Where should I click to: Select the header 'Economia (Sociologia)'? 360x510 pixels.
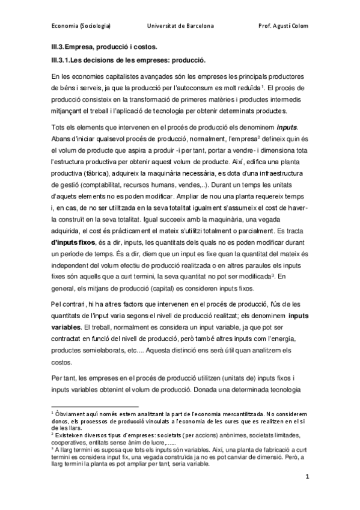(x=80, y=26)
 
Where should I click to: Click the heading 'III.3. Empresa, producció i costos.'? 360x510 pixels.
(x=104, y=46)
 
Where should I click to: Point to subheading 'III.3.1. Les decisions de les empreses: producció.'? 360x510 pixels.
(x=129, y=61)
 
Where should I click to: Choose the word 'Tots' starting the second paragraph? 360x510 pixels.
(x=59, y=128)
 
